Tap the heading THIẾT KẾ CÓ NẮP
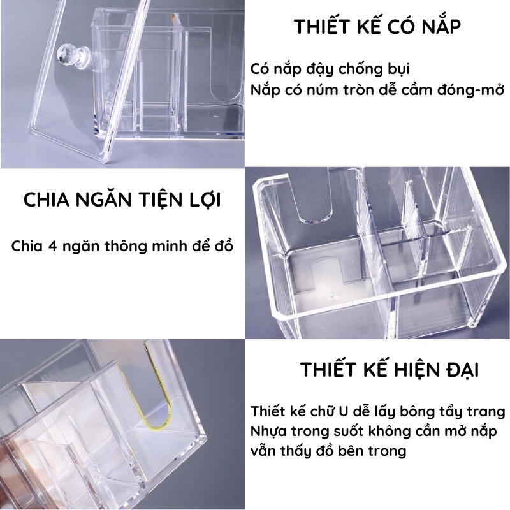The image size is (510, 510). [377, 26]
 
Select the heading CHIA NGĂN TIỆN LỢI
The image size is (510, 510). [122, 200]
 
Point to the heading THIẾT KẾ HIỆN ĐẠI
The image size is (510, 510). [390, 369]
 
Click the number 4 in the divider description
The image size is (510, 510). [52, 246]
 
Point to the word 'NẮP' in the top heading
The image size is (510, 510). [441, 26]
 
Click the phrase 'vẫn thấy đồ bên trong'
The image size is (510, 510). [328, 451]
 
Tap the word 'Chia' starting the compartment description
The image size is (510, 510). [27, 246]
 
